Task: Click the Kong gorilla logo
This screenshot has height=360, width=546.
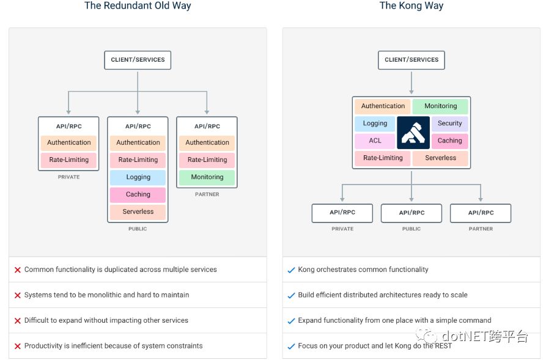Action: [413, 132]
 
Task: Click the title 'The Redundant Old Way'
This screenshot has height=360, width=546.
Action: [138, 6]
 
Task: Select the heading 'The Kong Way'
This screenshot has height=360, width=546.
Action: [411, 6]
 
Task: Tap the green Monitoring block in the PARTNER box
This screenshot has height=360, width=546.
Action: [207, 177]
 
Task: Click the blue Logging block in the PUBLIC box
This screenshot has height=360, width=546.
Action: [138, 177]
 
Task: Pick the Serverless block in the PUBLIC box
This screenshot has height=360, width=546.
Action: [138, 211]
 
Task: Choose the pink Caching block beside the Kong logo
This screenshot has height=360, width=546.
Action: [450, 141]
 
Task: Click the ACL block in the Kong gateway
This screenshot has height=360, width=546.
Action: [375, 141]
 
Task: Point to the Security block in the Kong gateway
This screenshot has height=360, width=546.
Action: [450, 123]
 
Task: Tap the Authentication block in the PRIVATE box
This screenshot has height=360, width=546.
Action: [69, 142]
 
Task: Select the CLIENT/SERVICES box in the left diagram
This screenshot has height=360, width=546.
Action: [138, 60]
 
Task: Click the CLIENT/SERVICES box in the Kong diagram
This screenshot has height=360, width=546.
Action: [411, 60]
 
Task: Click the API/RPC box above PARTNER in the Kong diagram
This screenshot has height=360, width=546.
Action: [481, 213]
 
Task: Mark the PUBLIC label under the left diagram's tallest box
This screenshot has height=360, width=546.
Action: [138, 229]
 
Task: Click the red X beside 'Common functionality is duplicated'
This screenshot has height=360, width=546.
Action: [18, 270]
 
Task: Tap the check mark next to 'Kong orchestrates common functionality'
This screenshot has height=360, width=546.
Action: [291, 270]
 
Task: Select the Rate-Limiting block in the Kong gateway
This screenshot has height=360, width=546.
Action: [383, 158]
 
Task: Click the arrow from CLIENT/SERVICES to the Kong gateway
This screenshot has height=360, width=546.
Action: [411, 83]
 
